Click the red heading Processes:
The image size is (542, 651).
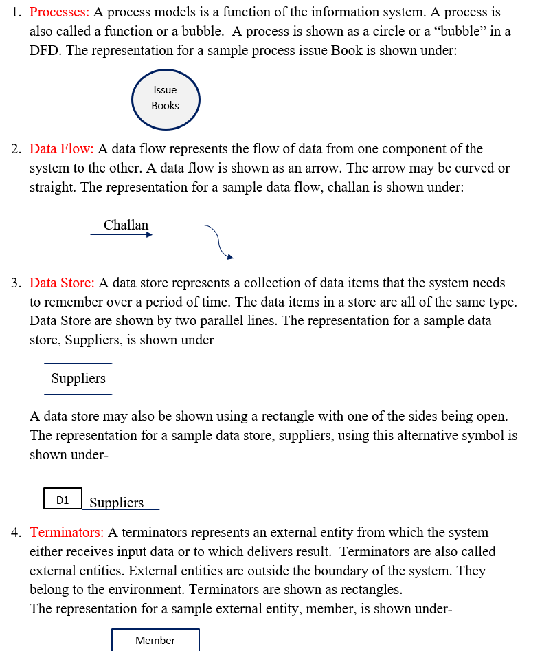tap(59, 12)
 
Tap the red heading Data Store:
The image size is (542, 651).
tap(62, 283)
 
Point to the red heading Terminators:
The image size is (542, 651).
tap(67, 533)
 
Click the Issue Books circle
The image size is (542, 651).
tap(165, 98)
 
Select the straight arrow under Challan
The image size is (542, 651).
tap(121, 234)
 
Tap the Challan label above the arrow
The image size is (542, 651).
tap(126, 225)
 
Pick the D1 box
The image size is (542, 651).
tap(63, 500)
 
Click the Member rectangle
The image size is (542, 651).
tap(155, 640)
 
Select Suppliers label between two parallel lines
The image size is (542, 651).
tap(78, 379)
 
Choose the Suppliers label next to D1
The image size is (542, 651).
tap(116, 503)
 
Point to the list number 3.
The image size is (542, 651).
tap(16, 283)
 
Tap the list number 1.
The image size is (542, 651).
tap(16, 12)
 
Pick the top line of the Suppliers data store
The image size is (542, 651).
tap(78, 364)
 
